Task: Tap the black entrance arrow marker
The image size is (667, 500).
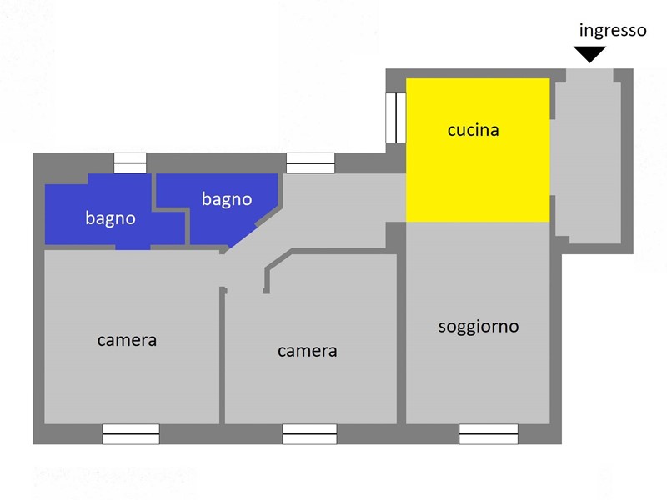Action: [x=589, y=54]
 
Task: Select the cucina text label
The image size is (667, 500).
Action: [x=473, y=130]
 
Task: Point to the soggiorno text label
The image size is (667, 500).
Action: [x=479, y=327]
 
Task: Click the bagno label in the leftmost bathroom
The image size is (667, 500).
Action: [x=111, y=218]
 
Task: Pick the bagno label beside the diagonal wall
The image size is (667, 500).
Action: [x=227, y=199]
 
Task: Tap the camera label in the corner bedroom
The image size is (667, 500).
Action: [x=127, y=340]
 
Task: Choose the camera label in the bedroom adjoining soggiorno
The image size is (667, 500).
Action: [x=307, y=351]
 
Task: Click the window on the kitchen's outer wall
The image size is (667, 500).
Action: [x=396, y=117]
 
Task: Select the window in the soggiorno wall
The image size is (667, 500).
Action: [x=489, y=433]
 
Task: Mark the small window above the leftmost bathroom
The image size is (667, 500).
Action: [x=130, y=163]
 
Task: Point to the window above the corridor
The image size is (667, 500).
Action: [x=310, y=163]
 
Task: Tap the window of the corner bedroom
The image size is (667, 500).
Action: [x=131, y=433]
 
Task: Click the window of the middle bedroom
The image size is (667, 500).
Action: [x=309, y=433]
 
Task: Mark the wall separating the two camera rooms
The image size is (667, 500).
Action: [x=222, y=355]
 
